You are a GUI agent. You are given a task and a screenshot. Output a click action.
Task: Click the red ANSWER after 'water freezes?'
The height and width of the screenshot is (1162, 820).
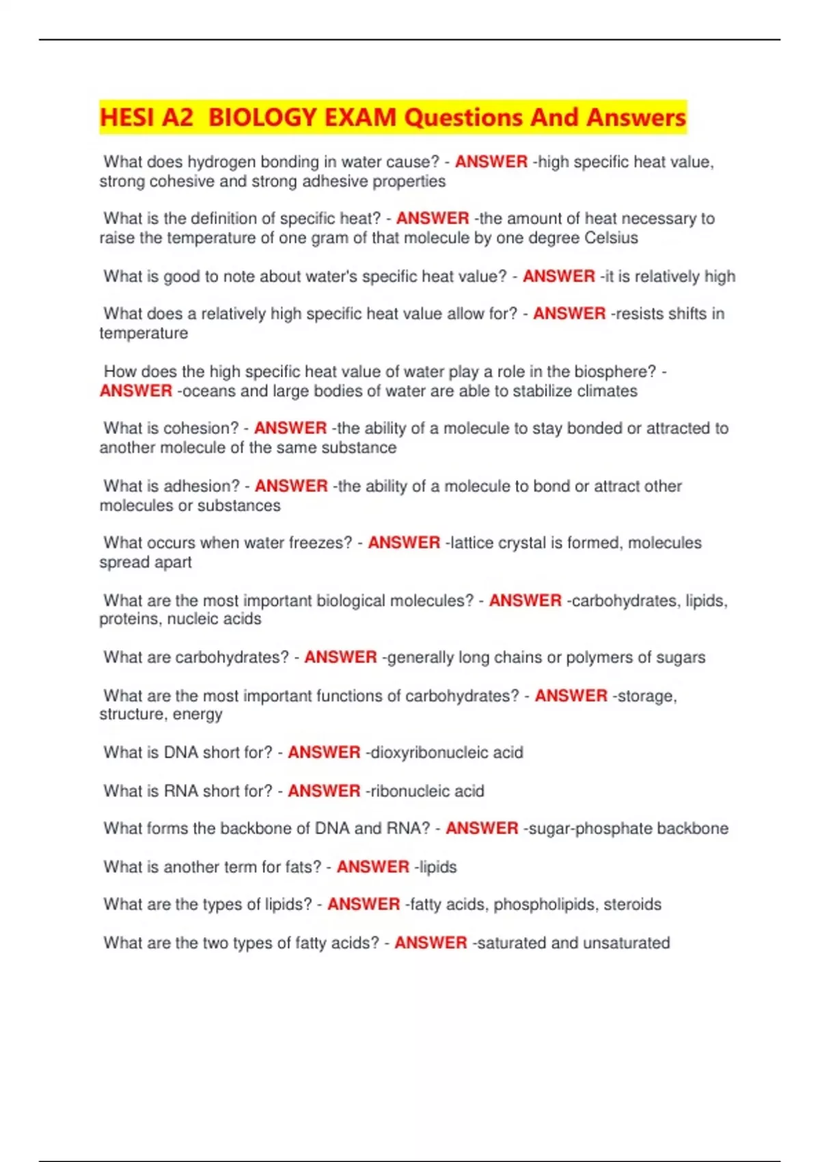point(404,543)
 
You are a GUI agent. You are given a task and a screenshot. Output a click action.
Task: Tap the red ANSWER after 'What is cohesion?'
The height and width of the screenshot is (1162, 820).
point(290,429)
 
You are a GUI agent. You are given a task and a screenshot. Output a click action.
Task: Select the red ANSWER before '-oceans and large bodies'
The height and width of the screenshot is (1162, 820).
point(136,391)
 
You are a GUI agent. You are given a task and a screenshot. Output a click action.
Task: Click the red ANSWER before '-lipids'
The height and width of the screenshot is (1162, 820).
point(373,867)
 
